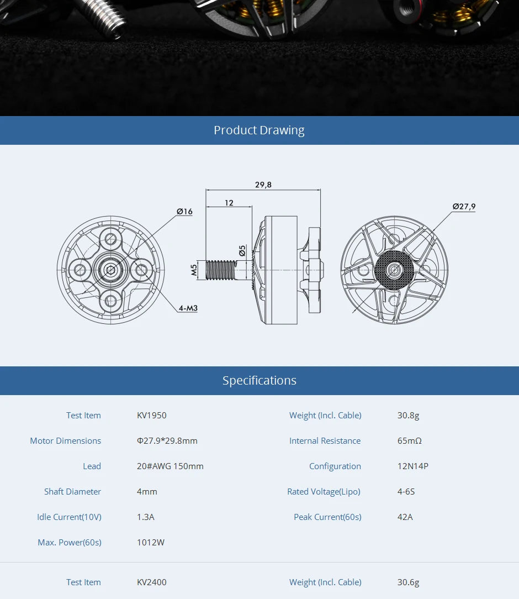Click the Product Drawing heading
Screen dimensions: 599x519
(259, 130)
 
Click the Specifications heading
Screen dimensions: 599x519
(259, 381)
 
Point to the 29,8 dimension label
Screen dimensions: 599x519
(263, 185)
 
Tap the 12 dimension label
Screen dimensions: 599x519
(229, 203)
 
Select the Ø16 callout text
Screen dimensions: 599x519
(184, 212)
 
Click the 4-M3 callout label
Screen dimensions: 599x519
(188, 308)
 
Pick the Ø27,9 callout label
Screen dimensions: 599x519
(464, 207)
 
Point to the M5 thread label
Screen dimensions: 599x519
(194, 270)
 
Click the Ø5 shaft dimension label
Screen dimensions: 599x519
(242, 251)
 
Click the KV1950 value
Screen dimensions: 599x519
(151, 416)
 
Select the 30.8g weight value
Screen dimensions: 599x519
(408, 416)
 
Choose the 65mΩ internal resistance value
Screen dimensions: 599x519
(409, 441)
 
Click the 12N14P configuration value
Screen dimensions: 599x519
(412, 466)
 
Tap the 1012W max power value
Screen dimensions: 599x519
(150, 543)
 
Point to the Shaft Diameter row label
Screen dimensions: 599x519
(72, 492)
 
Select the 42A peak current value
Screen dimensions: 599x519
(405, 517)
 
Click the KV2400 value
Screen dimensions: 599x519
(151, 582)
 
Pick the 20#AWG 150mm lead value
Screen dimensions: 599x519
(170, 466)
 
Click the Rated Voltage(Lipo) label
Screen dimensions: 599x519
(324, 492)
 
